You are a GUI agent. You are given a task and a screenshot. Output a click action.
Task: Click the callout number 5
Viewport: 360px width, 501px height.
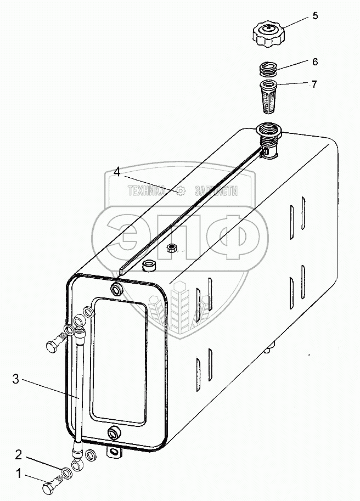tap(315, 15)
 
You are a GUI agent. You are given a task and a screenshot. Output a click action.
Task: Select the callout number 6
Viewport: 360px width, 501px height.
tap(315, 61)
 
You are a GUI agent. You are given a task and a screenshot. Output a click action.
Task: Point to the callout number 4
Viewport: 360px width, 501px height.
tap(117, 172)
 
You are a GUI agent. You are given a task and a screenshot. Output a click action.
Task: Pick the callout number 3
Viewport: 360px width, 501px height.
tap(16, 378)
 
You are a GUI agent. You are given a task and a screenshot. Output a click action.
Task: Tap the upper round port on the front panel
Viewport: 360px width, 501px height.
tap(116, 289)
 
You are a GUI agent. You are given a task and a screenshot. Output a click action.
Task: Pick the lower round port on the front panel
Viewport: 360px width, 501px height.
tap(114, 434)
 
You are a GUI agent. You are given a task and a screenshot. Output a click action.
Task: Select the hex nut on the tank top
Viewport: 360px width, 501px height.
tap(171, 247)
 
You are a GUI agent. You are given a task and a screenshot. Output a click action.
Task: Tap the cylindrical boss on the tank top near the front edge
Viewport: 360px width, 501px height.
tap(148, 267)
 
